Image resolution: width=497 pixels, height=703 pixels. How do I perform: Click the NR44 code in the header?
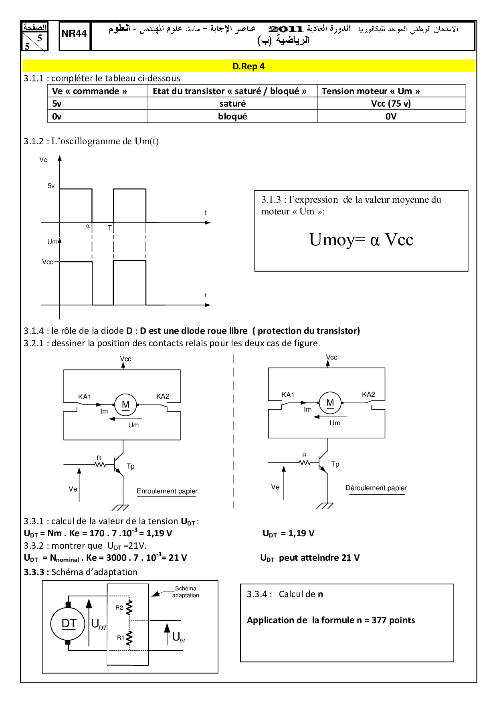point(74,34)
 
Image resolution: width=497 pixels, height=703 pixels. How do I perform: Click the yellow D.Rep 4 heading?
point(248,66)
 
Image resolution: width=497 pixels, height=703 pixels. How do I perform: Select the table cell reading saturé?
point(232,103)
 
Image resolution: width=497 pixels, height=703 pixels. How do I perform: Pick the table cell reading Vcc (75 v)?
point(391,103)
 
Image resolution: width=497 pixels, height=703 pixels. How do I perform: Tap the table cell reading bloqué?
point(232,116)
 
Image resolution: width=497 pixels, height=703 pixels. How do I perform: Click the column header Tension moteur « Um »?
point(371,91)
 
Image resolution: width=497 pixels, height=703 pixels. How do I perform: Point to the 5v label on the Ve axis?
point(51,186)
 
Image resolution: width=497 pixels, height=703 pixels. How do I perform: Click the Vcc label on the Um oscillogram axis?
point(47,262)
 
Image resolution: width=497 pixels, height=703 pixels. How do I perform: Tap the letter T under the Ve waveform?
point(110,228)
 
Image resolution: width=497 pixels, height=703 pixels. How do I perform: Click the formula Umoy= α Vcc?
point(361,240)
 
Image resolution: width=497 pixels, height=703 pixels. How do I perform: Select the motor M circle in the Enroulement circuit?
point(125,405)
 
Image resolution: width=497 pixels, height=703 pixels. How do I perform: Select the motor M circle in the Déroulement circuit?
point(330,403)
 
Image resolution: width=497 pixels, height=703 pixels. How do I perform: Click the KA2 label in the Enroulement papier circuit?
point(163,396)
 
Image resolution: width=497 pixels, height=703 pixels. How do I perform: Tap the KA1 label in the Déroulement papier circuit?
point(288,395)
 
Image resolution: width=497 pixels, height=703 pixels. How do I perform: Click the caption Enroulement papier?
point(167,491)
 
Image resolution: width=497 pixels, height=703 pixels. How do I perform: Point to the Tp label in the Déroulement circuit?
point(335,464)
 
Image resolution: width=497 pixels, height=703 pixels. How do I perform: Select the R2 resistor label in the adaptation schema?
point(119,608)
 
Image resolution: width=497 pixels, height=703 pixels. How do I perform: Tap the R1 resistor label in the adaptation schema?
point(121,637)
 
